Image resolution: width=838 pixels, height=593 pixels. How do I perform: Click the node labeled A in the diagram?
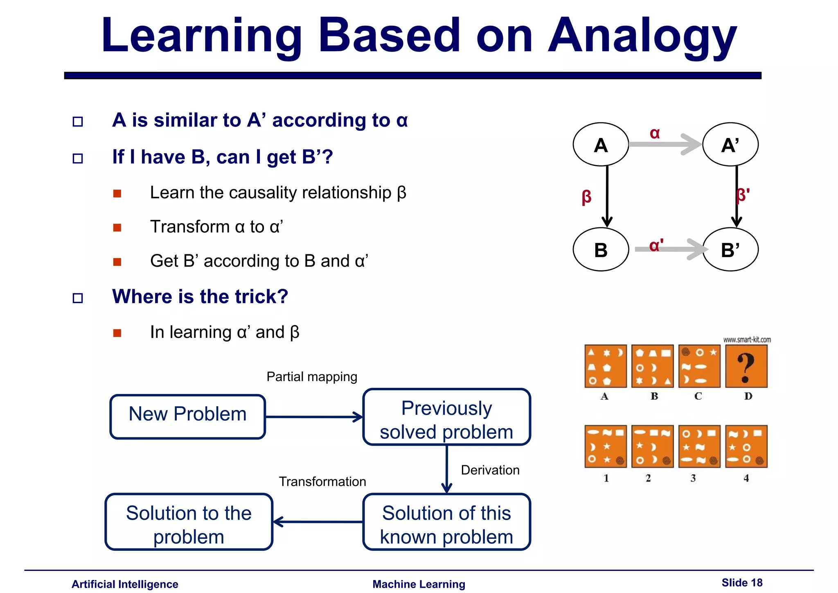click(600, 145)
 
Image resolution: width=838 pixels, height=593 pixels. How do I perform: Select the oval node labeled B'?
click(730, 249)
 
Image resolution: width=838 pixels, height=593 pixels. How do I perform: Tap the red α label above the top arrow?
click(655, 133)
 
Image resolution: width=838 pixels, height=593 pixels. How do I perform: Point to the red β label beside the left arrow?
click(586, 197)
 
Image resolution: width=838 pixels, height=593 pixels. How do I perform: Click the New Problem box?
click(188, 416)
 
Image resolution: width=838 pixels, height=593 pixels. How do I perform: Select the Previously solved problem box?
click(446, 417)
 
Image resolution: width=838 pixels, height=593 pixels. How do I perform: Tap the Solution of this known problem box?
click(446, 522)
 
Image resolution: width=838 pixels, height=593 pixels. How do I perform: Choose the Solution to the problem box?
click(189, 522)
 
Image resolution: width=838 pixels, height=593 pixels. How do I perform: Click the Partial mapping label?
click(312, 376)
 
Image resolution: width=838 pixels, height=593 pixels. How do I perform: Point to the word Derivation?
click(490, 470)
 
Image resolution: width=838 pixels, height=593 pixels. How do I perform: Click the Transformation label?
click(322, 481)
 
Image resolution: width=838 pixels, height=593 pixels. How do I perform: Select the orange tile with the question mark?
click(746, 366)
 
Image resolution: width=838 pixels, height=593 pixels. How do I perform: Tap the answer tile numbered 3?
click(699, 446)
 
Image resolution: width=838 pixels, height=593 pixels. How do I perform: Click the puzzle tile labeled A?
click(606, 366)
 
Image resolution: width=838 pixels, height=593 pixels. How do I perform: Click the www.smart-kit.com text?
click(747, 340)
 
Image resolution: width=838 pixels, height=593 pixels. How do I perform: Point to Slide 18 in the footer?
click(742, 582)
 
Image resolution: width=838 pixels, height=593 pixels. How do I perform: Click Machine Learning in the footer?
click(419, 584)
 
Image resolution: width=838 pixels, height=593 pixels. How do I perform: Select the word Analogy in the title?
click(642, 37)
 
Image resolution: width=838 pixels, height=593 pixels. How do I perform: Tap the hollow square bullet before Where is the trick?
click(78, 298)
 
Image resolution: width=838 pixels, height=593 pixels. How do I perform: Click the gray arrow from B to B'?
click(671, 249)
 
